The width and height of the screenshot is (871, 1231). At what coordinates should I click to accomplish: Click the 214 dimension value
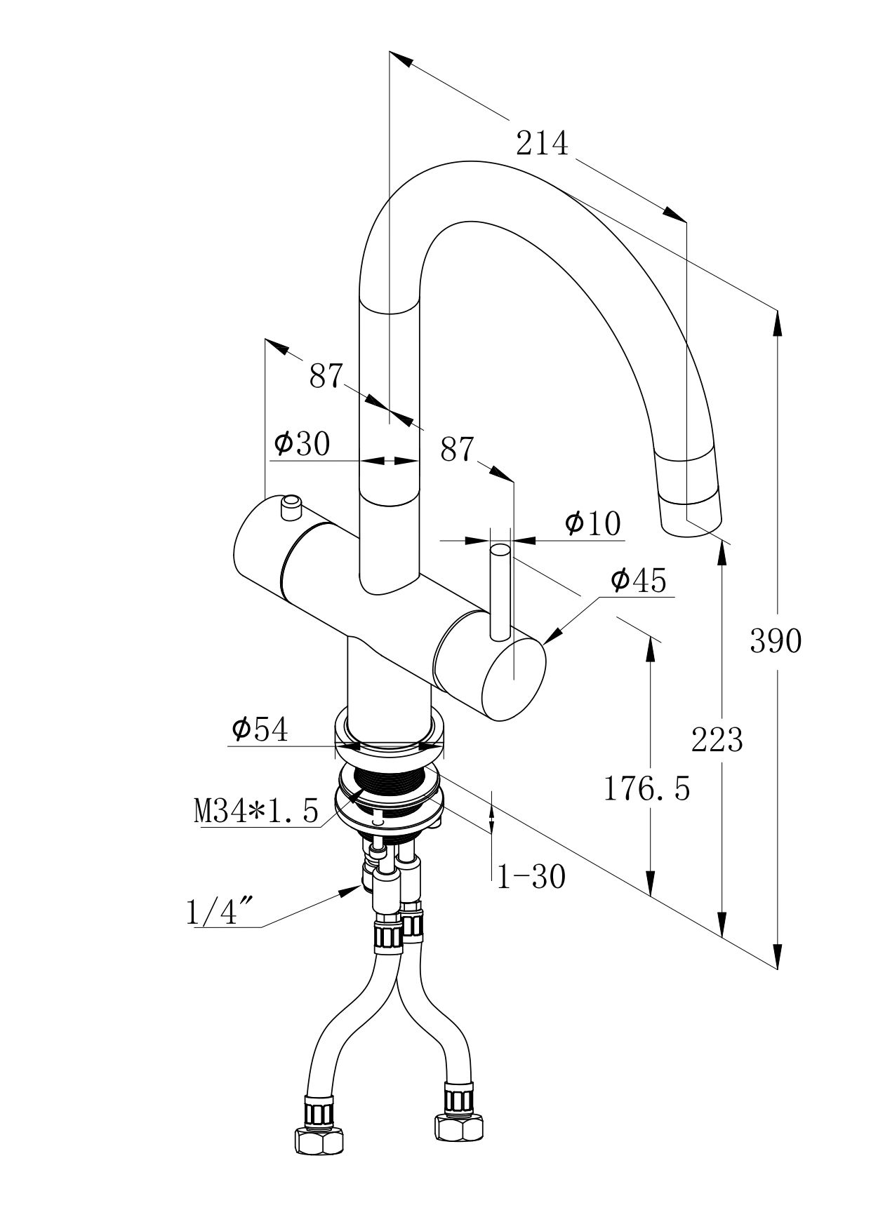tap(541, 144)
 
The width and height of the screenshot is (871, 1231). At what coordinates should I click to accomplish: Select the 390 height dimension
tap(775, 640)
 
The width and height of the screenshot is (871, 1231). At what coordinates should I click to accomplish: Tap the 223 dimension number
tap(717, 739)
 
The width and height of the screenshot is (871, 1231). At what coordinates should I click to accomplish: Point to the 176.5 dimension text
tap(646, 789)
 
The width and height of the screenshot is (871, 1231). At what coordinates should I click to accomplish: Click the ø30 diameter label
tap(302, 444)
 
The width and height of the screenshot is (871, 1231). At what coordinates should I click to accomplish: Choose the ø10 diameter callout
tap(593, 523)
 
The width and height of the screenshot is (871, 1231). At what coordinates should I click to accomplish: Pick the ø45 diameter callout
tap(638, 581)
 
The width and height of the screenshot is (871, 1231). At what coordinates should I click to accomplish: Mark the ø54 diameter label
tap(260, 730)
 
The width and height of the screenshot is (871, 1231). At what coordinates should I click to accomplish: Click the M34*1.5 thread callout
tap(256, 812)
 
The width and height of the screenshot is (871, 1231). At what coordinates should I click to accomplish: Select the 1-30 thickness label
tap(531, 877)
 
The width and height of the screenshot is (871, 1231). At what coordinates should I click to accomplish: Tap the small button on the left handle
tap(290, 506)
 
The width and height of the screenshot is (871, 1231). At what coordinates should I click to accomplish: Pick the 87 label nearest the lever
tap(458, 450)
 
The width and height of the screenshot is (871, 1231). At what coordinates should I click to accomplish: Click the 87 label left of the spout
tap(326, 377)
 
